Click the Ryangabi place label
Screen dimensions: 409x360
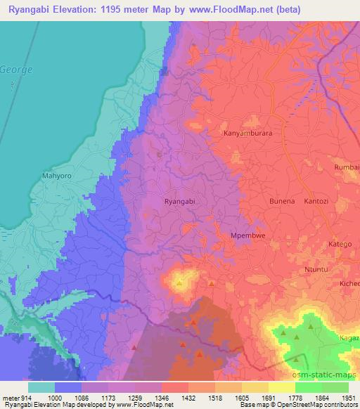click(x=179, y=201)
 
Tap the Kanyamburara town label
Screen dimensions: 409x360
click(x=247, y=132)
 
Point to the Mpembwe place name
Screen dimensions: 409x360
click(x=248, y=236)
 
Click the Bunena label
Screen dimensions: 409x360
click(x=263, y=202)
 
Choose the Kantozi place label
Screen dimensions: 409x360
click(x=316, y=202)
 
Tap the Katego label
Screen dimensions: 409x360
click(x=340, y=244)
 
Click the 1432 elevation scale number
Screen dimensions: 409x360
click(x=189, y=397)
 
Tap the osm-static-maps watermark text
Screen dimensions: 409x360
click(x=325, y=377)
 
